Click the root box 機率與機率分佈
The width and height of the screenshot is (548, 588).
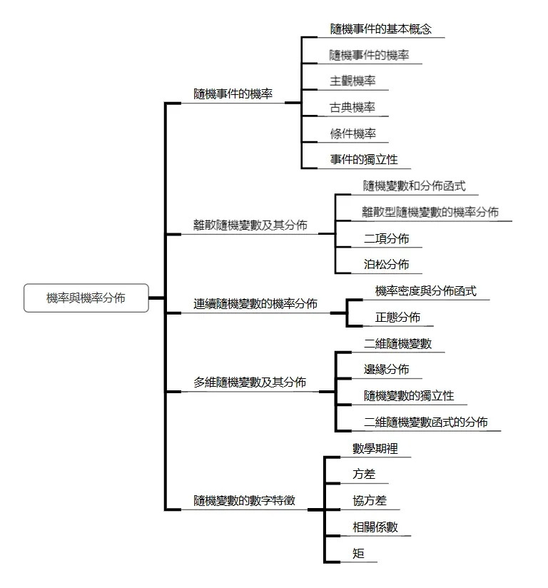[86, 298]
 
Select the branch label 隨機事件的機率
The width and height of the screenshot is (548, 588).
[233, 93]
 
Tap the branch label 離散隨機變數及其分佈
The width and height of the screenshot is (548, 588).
[250, 225]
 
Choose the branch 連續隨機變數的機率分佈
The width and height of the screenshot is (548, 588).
[255, 303]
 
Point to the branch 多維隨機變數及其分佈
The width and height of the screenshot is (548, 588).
[250, 382]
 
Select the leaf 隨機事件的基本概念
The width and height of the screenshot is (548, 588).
[381, 29]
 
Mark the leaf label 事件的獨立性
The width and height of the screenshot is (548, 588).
[364, 160]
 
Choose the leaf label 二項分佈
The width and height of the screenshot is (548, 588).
[386, 238]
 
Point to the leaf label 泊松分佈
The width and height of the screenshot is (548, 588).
[386, 265]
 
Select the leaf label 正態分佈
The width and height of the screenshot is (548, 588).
[397, 318]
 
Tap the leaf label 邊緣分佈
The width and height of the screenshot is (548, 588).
[386, 370]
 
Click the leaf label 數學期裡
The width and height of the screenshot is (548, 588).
[375, 449]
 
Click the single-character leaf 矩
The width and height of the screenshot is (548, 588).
[358, 554]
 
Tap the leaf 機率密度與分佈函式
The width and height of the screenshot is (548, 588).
[425, 291]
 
